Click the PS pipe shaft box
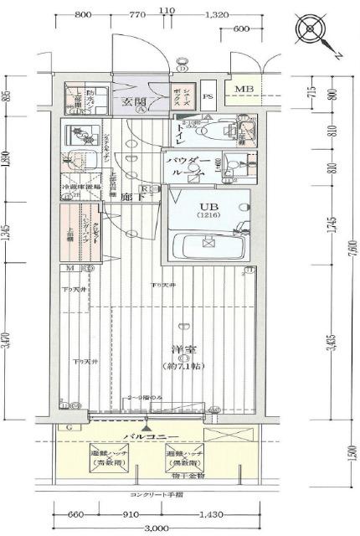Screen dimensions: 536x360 [208, 95]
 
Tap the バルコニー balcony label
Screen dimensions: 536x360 [148, 436]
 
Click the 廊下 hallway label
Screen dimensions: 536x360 [129, 197]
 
